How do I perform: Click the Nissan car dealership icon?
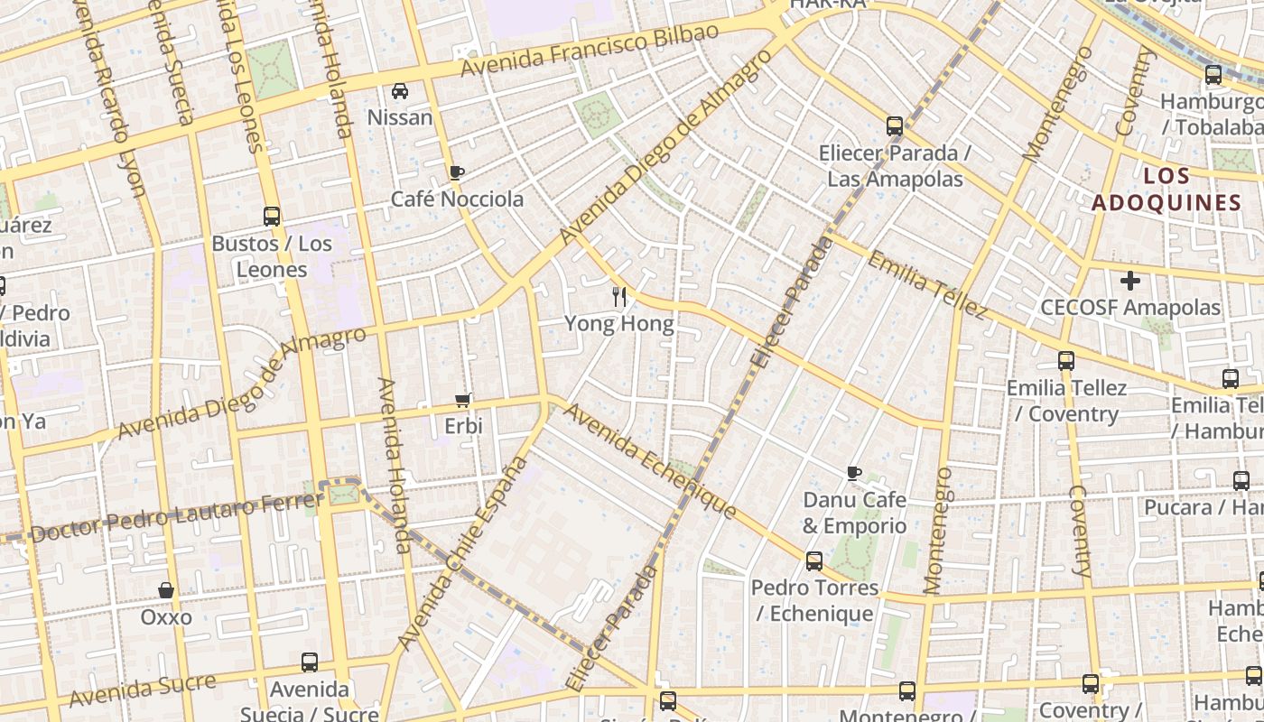coord(400,91)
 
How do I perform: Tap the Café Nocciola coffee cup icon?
coord(457,172)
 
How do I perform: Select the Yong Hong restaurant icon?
coord(619,296)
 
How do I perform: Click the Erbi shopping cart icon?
coord(463,400)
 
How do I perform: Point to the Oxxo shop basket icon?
coord(166,590)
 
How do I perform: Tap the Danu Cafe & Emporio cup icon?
coord(854,473)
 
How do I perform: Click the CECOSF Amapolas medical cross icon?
coord(1130,281)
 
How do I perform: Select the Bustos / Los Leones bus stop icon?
coord(272,217)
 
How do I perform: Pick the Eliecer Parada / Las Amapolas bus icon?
coord(895,126)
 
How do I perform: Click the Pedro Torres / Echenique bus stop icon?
coord(814,561)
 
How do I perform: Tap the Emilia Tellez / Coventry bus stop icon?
coord(1066,361)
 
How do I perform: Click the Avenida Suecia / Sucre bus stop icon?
coord(310,662)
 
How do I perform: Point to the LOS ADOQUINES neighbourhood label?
coord(1166,189)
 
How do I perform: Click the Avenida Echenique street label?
coord(650,461)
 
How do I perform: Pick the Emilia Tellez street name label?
coord(927,284)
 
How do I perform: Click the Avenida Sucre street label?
coord(143,690)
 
